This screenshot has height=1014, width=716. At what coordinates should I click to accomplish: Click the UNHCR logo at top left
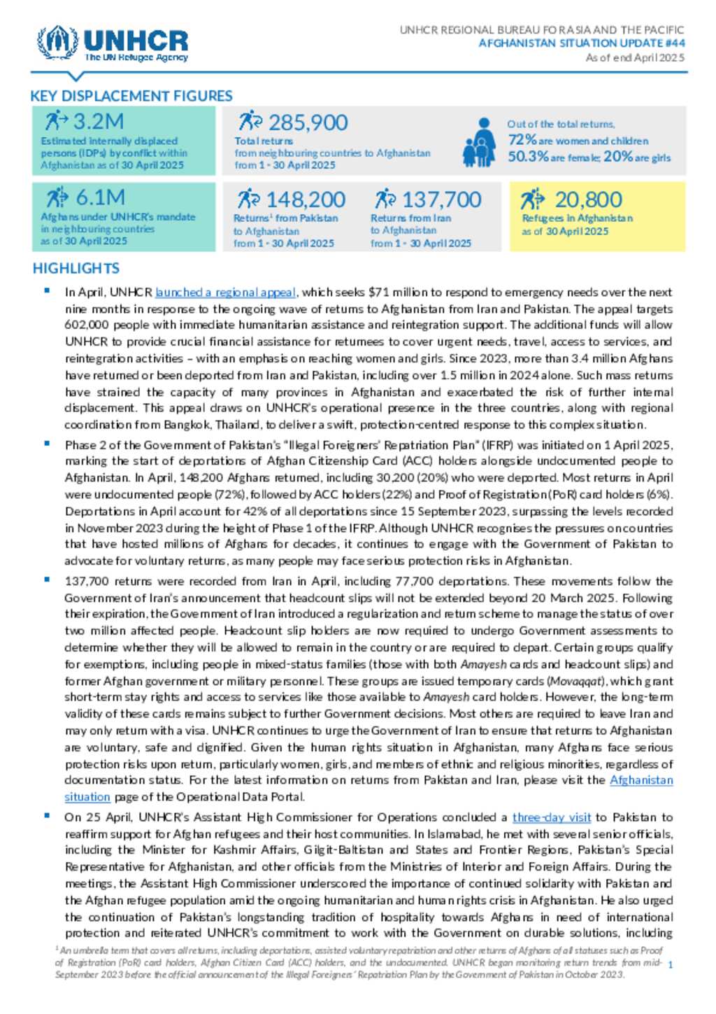[x=113, y=44]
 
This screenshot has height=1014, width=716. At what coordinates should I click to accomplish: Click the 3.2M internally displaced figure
[x=98, y=122]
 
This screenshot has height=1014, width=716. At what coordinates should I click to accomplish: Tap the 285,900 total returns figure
[x=308, y=123]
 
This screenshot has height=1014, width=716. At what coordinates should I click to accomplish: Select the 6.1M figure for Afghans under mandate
[x=100, y=197]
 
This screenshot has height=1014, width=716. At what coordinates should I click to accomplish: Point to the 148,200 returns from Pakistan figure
[x=305, y=200]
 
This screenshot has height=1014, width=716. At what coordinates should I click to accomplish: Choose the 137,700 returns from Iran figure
[x=441, y=200]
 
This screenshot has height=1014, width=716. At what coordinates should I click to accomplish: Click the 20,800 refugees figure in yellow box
[x=588, y=200]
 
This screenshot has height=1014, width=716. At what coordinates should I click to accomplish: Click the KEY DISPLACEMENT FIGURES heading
[x=131, y=96]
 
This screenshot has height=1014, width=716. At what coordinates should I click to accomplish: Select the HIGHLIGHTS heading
[x=76, y=268]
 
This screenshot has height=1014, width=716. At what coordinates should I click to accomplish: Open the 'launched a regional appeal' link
[x=226, y=293]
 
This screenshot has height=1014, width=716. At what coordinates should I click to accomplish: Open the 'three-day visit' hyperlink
[x=552, y=817]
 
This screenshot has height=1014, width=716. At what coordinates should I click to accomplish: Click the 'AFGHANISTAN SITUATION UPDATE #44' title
[x=582, y=43]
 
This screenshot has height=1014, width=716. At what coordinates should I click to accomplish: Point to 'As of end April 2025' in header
[x=635, y=57]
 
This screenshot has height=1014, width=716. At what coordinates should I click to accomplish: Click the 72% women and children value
[x=522, y=140]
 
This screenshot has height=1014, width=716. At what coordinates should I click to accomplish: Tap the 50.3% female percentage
[x=528, y=157]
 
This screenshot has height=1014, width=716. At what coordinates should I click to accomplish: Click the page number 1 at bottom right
[x=671, y=965]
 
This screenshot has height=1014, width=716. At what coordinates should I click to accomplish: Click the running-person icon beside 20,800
[x=532, y=199]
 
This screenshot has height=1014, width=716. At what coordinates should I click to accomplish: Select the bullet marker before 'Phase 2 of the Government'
[x=47, y=444]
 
